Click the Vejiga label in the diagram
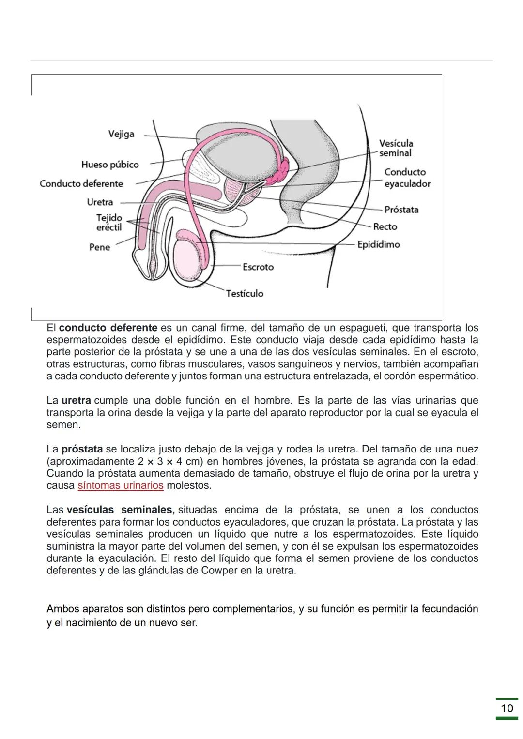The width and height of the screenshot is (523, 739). (121, 134)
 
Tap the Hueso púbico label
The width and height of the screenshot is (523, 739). (110, 165)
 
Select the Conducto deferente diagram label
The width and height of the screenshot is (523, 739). (81, 183)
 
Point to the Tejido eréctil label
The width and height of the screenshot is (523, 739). (109, 223)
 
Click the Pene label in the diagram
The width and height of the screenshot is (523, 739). (99, 247)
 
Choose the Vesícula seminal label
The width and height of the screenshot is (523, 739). (396, 148)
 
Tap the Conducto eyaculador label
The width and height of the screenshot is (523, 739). (407, 178)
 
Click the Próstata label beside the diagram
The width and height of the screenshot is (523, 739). (401, 210)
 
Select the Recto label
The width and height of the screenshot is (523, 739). (385, 226)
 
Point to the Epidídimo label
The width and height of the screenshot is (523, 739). (378, 244)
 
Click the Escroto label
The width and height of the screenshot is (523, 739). (258, 267)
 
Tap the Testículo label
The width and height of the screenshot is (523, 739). (245, 293)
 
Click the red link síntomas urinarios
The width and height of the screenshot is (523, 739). (120, 485)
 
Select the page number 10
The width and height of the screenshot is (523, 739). (507, 709)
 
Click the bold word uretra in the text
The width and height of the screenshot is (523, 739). (76, 401)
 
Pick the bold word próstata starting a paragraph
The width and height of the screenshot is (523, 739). (82, 449)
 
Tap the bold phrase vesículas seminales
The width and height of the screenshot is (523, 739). (120, 510)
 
